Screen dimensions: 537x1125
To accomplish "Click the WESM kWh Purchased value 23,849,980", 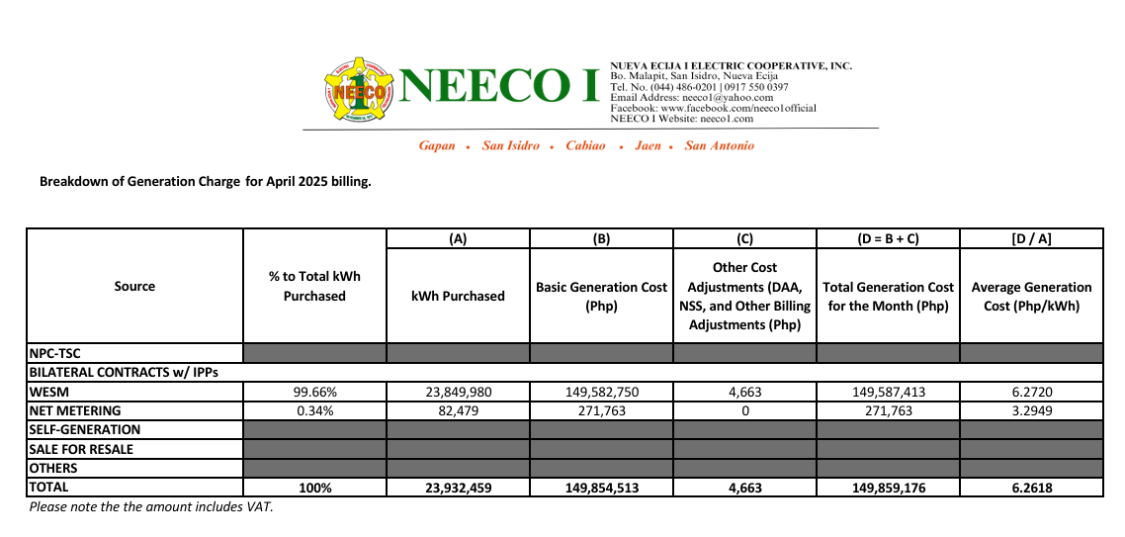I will tap(458, 392).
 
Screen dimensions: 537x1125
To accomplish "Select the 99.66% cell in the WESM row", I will tap(314, 392).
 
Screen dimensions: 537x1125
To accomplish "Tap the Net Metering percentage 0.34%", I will tap(314, 410).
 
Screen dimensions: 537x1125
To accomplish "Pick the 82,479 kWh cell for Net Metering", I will tap(458, 410).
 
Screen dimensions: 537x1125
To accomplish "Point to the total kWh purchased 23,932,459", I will tap(458, 488).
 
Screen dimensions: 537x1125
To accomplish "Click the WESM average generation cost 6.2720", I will tap(1031, 392).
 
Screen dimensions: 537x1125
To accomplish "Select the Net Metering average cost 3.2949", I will tap(1031, 410).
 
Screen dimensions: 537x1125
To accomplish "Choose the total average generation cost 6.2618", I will tap(1031, 488).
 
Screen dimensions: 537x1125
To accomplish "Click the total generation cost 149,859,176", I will tap(888, 488).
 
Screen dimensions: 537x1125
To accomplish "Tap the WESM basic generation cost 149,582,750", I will tap(601, 392).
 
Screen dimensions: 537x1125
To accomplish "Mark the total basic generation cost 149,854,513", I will tap(601, 488).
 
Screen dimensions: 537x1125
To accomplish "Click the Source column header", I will tap(134, 287).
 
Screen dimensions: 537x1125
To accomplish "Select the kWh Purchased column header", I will tap(458, 296).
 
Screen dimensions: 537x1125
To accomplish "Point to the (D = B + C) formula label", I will tap(888, 238).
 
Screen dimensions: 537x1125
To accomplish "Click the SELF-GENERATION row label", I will tap(85, 430).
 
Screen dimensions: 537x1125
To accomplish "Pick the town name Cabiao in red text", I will tap(585, 145).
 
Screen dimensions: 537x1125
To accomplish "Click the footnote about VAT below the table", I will tap(150, 507).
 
